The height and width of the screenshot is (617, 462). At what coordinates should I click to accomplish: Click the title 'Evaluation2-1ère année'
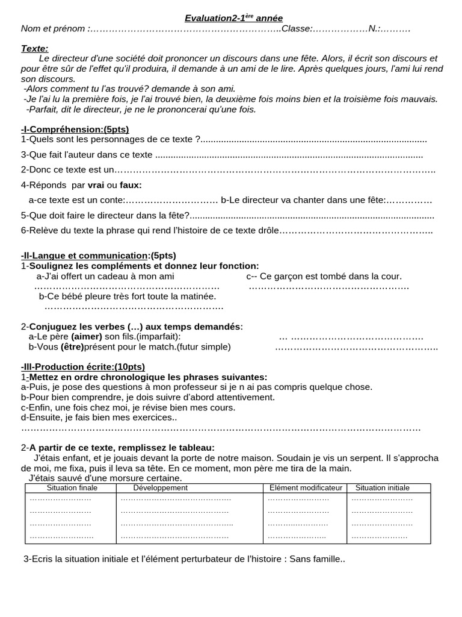(233, 18)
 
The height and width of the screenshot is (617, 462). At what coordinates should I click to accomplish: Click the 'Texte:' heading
(35, 48)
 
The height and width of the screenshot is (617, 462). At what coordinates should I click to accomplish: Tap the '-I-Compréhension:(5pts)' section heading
(75, 129)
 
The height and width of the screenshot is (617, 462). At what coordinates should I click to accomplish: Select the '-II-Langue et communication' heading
(84, 255)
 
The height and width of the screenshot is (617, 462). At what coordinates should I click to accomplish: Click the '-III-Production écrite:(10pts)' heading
(82, 366)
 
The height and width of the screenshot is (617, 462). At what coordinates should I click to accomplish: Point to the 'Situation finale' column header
(72, 487)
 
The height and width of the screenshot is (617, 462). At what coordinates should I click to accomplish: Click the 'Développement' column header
(160, 487)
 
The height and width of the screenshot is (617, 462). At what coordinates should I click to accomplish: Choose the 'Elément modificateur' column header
(306, 487)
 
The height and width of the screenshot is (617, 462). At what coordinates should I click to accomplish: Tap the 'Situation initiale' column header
(382, 487)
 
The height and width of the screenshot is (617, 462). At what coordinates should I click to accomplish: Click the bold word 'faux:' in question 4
(131, 185)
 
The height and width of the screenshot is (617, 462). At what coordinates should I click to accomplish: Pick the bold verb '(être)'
(72, 346)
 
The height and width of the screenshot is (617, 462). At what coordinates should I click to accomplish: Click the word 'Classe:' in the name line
(297, 28)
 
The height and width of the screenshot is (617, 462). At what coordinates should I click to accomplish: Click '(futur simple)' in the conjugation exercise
(203, 346)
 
